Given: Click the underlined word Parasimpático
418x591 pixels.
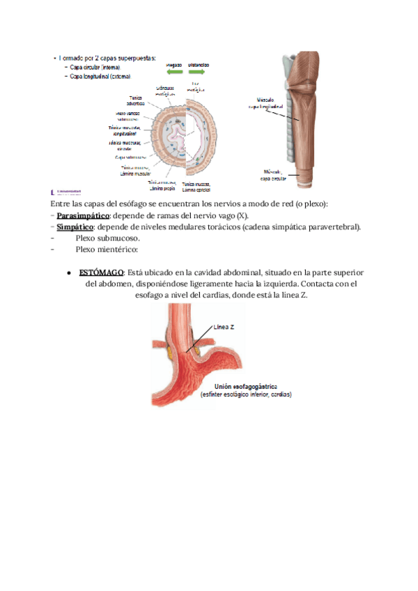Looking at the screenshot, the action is pyautogui.click(x=84, y=215).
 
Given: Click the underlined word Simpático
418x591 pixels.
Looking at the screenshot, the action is pyautogui.click(x=75, y=227).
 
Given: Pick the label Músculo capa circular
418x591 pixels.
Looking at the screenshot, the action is pyautogui.click(x=274, y=174).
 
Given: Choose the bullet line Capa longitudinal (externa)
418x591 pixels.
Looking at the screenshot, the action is pyautogui.click(x=100, y=76).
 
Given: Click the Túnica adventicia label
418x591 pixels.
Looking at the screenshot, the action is pyautogui.click(x=136, y=101).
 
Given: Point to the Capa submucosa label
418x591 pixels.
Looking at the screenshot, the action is pyautogui.click(x=130, y=158).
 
